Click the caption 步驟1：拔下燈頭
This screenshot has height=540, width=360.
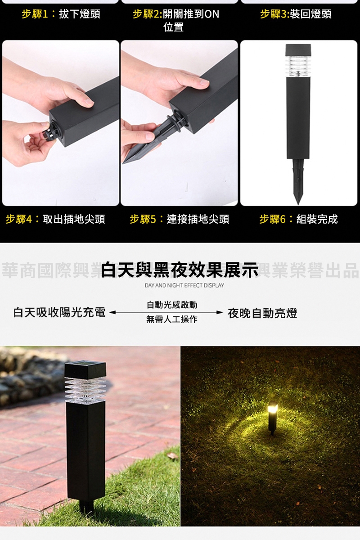click(61, 14)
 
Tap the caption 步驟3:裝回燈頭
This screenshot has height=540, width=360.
click(296, 14)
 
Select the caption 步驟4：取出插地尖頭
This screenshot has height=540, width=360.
click(55, 219)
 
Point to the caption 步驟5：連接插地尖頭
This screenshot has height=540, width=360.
click(180, 219)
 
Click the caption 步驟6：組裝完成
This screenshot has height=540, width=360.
click(298, 219)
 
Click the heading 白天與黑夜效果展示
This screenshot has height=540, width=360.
click(180, 270)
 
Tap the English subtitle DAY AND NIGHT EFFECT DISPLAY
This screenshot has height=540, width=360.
click(184, 285)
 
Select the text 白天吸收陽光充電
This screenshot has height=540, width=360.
click(59, 312)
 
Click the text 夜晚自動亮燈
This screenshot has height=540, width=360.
click(263, 313)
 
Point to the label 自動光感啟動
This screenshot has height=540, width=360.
click(172, 305)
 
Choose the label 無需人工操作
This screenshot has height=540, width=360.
click(172, 319)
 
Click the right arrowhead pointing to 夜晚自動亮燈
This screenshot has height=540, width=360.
click(220, 312)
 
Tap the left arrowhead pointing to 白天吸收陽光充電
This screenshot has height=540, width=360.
click(112, 312)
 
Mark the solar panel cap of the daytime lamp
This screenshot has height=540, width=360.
click(85, 370)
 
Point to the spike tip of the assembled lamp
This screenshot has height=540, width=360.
click(298, 204)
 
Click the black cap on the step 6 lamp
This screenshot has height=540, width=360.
click(298, 50)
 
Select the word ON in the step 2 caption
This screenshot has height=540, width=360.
click(211, 14)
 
